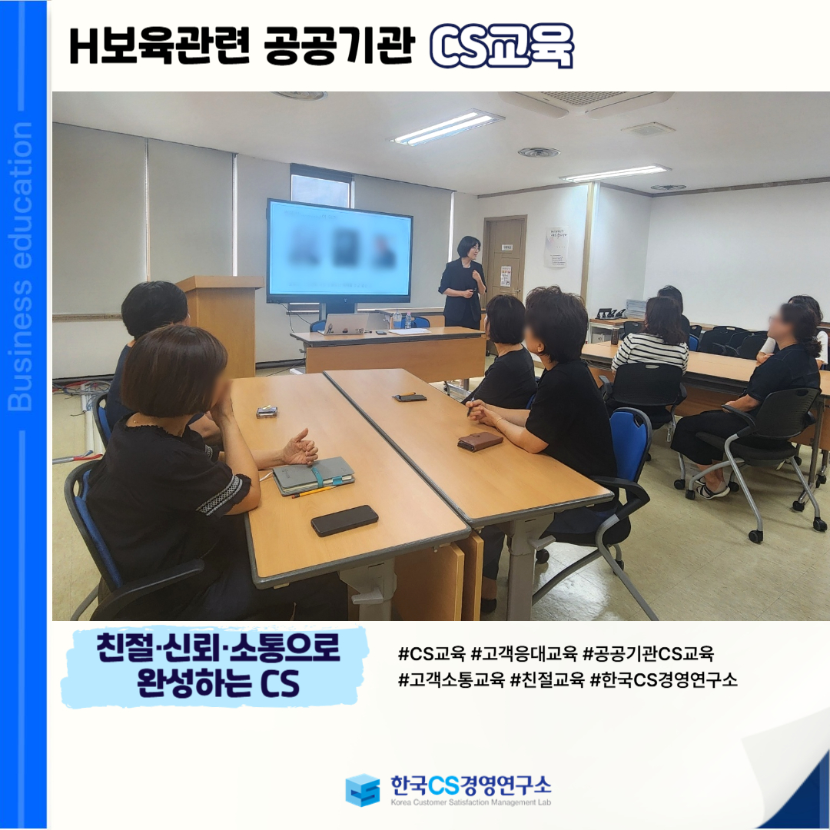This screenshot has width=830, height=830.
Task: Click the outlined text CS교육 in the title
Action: pos(501,45)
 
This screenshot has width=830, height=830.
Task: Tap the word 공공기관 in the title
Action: pos(337,46)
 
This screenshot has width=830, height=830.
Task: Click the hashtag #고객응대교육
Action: pos(523,654)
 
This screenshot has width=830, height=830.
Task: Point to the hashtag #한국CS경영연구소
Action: pos(663,679)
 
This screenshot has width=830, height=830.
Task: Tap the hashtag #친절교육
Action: pos(547,679)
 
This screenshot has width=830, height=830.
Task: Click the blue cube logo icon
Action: pos(363,790)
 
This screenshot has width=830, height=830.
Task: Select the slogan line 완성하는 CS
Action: pos(218,683)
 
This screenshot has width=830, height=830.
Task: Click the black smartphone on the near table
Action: pos(344,520)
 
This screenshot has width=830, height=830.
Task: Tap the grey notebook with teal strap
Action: pos(314,476)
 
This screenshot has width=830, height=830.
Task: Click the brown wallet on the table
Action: pos(480,441)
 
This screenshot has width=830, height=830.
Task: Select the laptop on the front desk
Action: pos(346,324)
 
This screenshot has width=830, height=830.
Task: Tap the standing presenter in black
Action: pos(462,283)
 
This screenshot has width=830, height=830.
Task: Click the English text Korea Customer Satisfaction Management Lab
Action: pos(470,802)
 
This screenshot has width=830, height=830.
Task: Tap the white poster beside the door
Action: pos(556,247)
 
